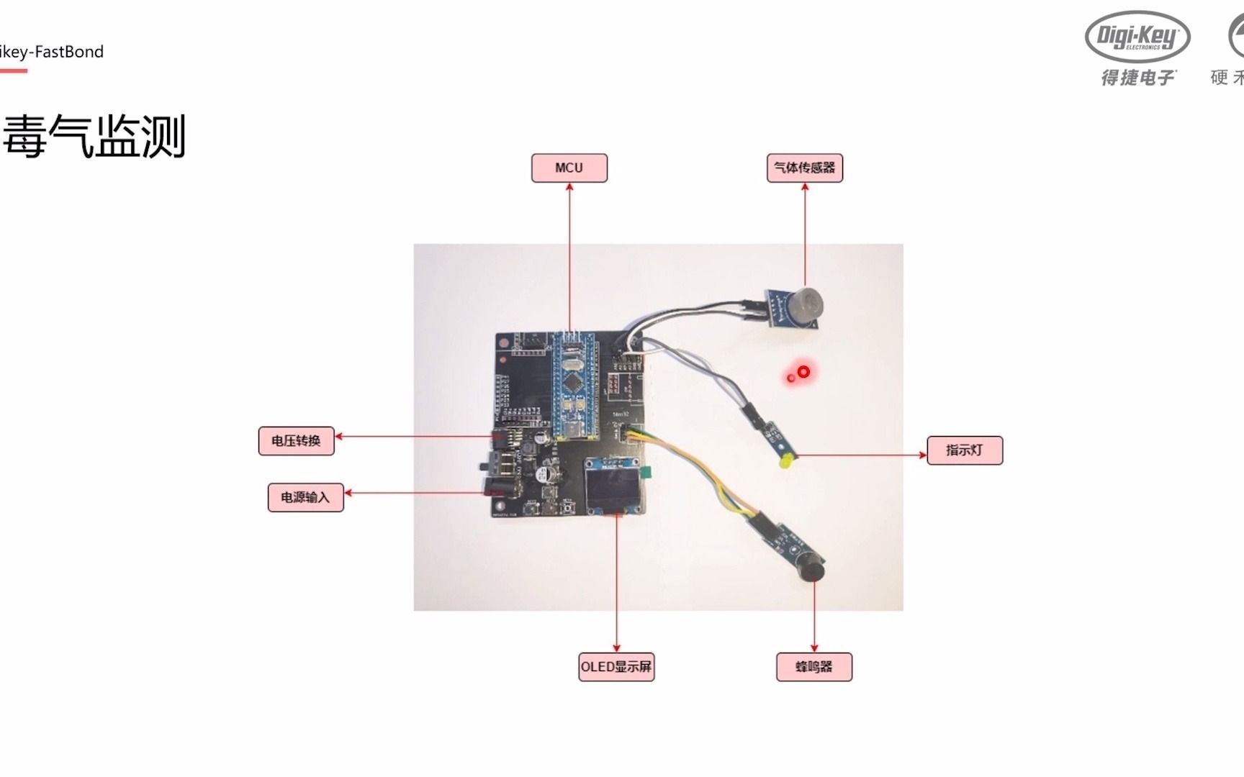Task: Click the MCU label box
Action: click(569, 168)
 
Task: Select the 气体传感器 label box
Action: click(804, 168)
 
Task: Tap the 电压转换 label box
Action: click(296, 440)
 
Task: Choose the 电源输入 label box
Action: click(305, 497)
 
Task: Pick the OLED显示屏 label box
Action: click(616, 667)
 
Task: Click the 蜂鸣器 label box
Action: click(813, 667)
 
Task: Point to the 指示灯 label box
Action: click(964, 450)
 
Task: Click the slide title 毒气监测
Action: click(94, 136)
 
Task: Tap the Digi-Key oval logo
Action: click(1137, 36)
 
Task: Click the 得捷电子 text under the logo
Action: click(1137, 77)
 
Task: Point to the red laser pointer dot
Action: click(803, 372)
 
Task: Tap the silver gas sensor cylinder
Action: click(809, 300)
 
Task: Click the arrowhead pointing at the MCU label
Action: click(569, 187)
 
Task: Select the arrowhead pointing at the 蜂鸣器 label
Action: click(814, 647)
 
